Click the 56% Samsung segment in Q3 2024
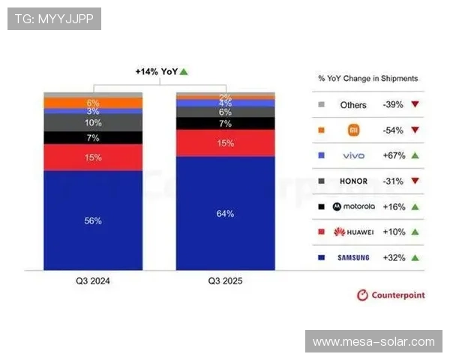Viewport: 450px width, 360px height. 93,220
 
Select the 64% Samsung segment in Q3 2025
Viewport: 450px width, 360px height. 225,214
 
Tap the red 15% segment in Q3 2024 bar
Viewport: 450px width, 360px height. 93,157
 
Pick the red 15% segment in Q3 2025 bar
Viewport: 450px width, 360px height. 225,142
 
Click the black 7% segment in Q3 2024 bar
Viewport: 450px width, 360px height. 93,138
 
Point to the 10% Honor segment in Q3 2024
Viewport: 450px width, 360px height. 93,122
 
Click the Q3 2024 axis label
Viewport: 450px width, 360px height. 93,281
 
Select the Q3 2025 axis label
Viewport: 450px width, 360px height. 225,281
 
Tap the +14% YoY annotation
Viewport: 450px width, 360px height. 160,72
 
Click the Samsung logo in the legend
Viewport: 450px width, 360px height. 353,258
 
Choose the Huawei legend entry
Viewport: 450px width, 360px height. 353,232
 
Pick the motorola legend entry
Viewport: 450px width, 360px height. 353,207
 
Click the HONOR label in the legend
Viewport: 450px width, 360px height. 353,181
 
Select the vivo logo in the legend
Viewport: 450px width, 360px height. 353,156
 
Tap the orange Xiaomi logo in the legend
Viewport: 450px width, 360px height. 353,130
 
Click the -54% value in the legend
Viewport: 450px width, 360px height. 393,130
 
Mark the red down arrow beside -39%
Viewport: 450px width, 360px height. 414,105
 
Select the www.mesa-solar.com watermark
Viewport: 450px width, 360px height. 373,342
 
